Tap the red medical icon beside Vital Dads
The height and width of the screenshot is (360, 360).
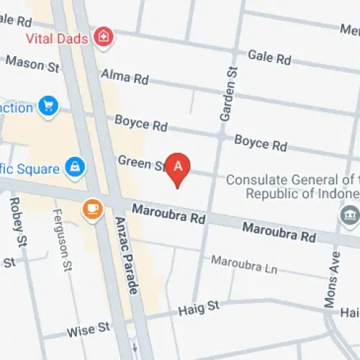tap(105, 35)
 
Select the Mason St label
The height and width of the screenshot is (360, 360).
tap(32, 65)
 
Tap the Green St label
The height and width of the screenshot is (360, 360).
tap(141, 163)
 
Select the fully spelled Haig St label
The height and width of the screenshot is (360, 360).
tap(198, 307)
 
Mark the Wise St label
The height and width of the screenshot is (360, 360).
tap(88, 330)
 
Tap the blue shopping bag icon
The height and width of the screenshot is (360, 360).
tap(74, 168)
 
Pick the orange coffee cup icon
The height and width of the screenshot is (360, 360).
tap(91, 208)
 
